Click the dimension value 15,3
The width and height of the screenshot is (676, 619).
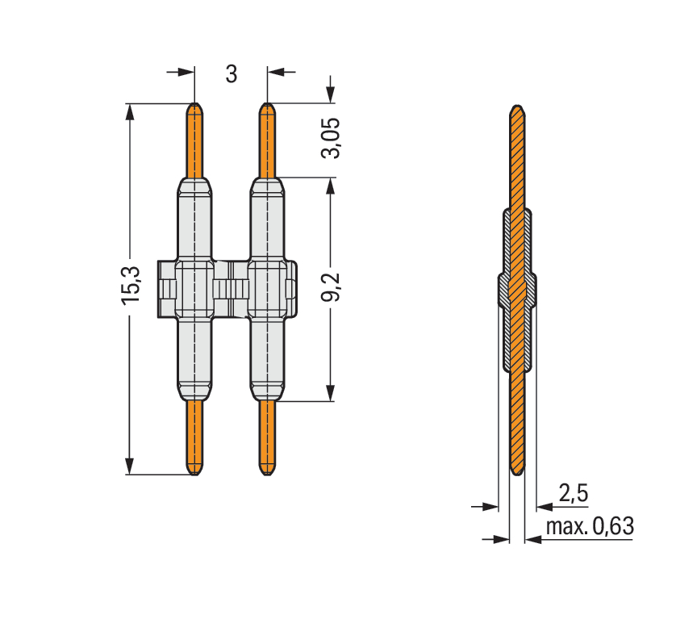click(131, 286)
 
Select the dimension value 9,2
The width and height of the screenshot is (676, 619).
click(331, 286)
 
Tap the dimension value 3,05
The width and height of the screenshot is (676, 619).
click(331, 138)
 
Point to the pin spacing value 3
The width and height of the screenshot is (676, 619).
click(232, 74)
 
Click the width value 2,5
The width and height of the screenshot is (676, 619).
click(574, 492)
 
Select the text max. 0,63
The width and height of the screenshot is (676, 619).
click(590, 526)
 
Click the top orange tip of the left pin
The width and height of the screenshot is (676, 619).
click(195, 104)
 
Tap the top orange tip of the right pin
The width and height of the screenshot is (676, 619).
click(267, 104)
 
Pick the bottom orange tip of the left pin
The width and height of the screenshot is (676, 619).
click(195, 475)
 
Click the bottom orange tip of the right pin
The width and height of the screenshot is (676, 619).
click(267, 475)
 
